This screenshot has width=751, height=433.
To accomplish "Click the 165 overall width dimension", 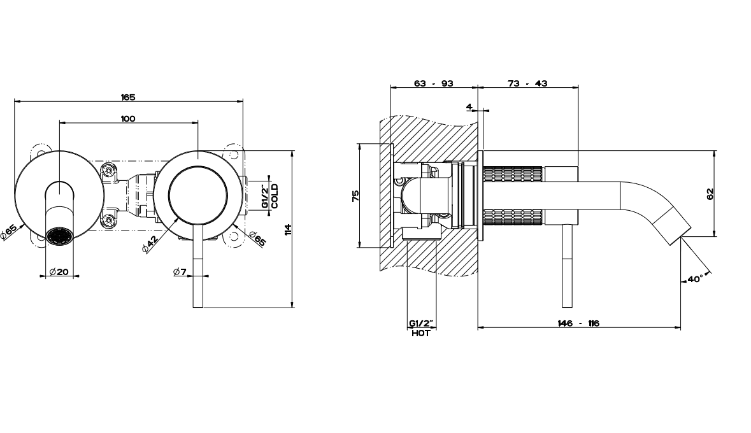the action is click(x=128, y=97).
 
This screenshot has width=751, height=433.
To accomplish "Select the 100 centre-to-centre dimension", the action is click(x=128, y=119).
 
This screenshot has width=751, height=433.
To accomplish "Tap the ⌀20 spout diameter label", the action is click(x=59, y=272).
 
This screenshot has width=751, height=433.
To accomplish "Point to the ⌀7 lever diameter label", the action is click(x=180, y=272).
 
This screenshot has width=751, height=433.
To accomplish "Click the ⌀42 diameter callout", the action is click(x=150, y=244).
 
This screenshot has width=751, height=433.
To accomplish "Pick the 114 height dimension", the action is click(x=288, y=229).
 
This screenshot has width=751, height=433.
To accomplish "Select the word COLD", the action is click(x=275, y=196).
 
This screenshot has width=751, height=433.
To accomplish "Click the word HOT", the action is click(x=421, y=334).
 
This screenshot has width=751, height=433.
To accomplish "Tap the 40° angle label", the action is click(x=695, y=279).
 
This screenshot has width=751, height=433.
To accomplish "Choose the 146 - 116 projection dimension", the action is click(x=578, y=323).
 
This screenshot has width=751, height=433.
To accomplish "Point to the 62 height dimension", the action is click(x=710, y=194).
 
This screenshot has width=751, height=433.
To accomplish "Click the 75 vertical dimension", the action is click(x=355, y=195).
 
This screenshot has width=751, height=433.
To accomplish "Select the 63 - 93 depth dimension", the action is click(x=433, y=83).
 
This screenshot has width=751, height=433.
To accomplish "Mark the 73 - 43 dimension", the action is click(x=527, y=83).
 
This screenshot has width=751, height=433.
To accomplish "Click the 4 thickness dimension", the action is click(x=469, y=107).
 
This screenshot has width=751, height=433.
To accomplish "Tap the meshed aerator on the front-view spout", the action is click(x=59, y=236).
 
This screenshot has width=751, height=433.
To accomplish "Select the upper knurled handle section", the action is click(x=513, y=173).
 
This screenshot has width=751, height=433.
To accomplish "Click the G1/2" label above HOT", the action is click(x=421, y=323).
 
